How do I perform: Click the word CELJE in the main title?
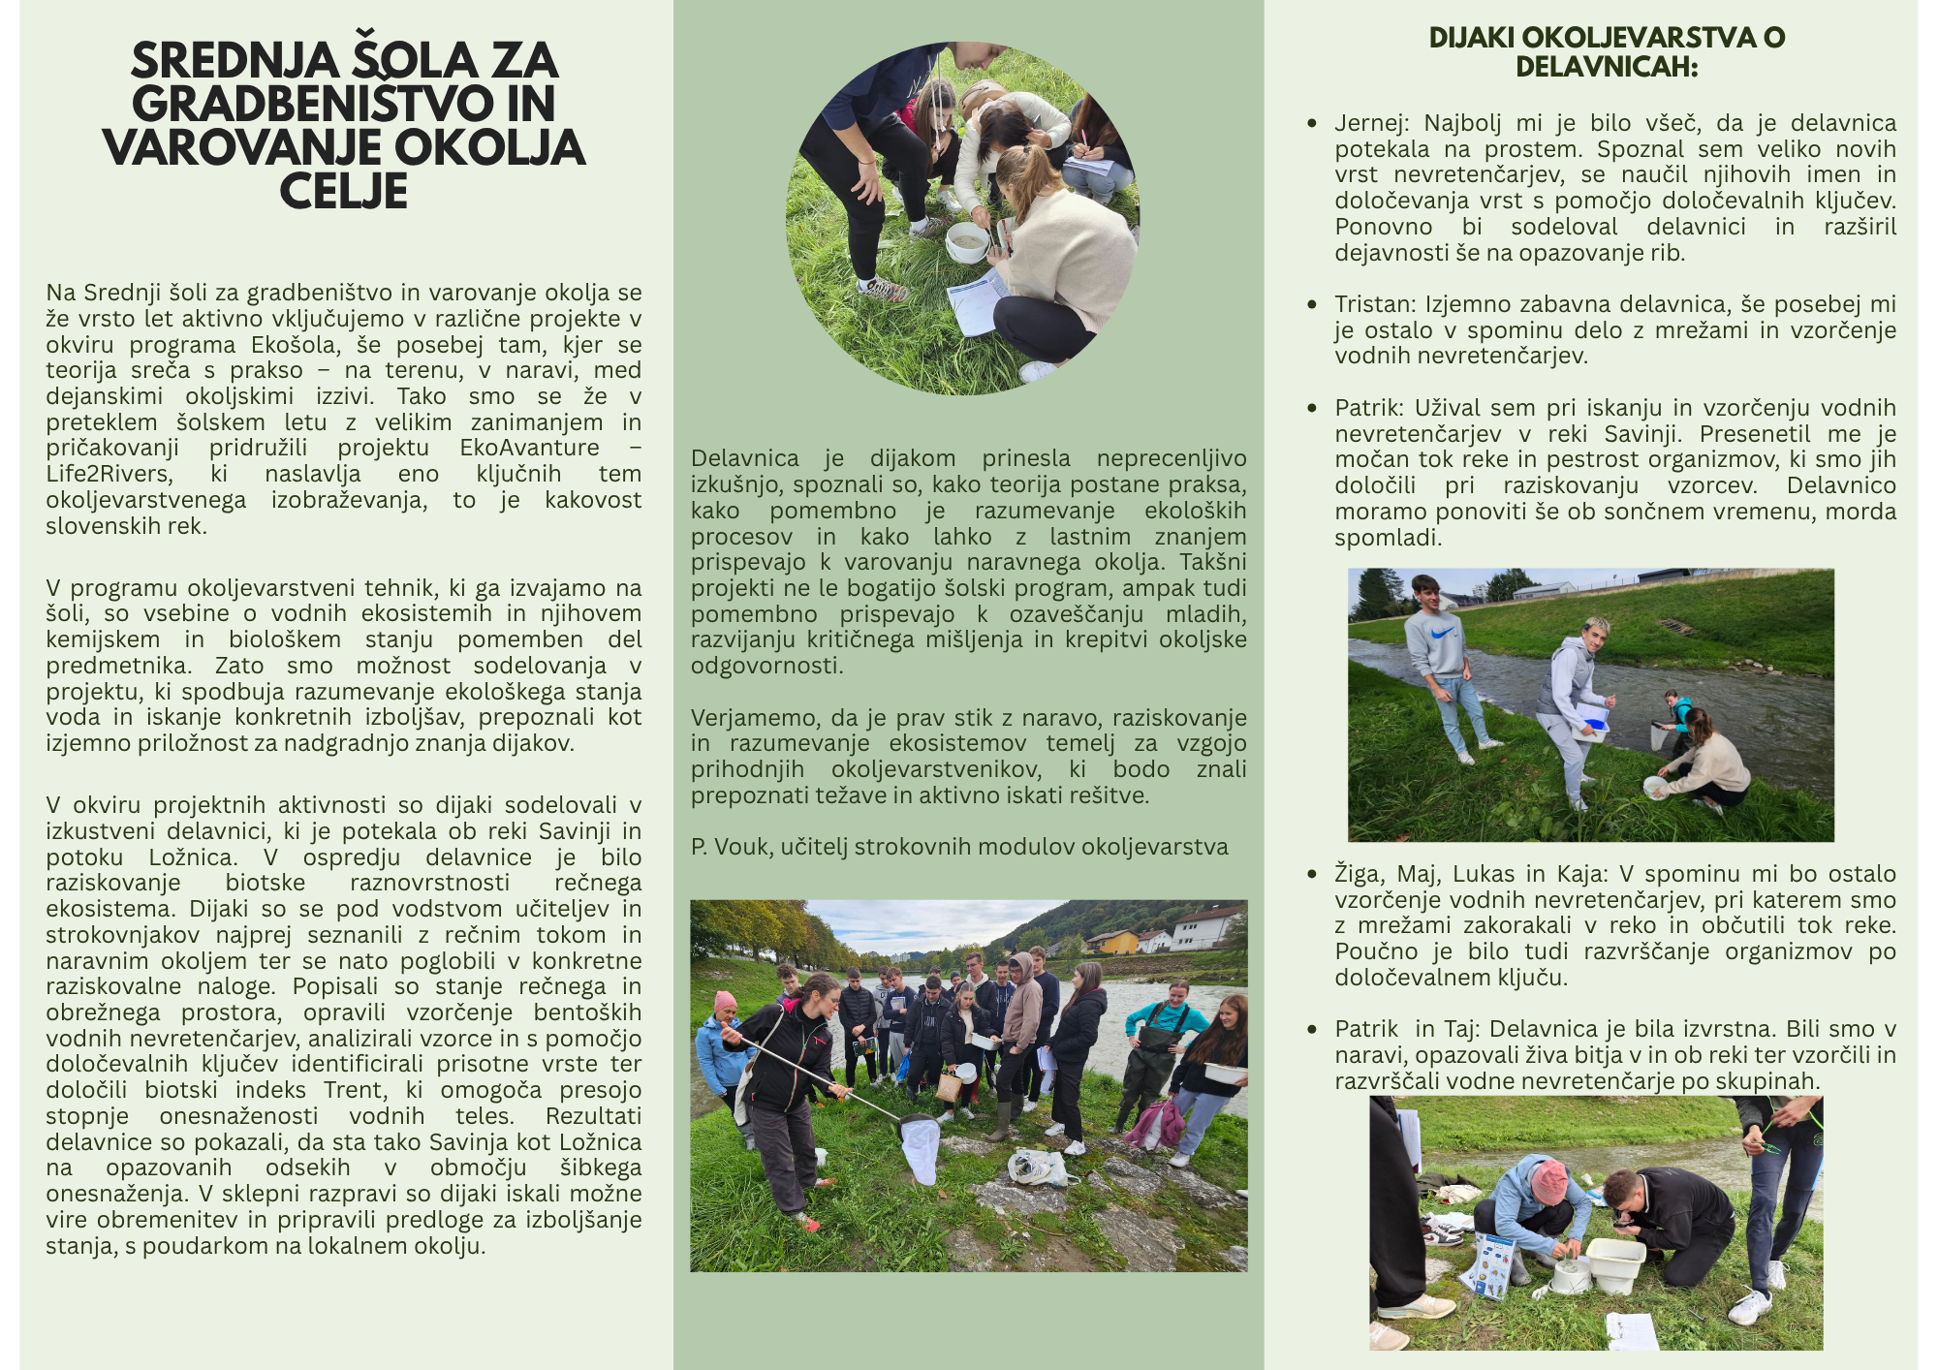343,192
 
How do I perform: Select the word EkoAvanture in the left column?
529,448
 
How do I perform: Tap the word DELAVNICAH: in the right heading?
1606,67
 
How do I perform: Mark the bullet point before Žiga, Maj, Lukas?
1312,875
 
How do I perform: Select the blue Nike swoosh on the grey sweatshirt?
1441,631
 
